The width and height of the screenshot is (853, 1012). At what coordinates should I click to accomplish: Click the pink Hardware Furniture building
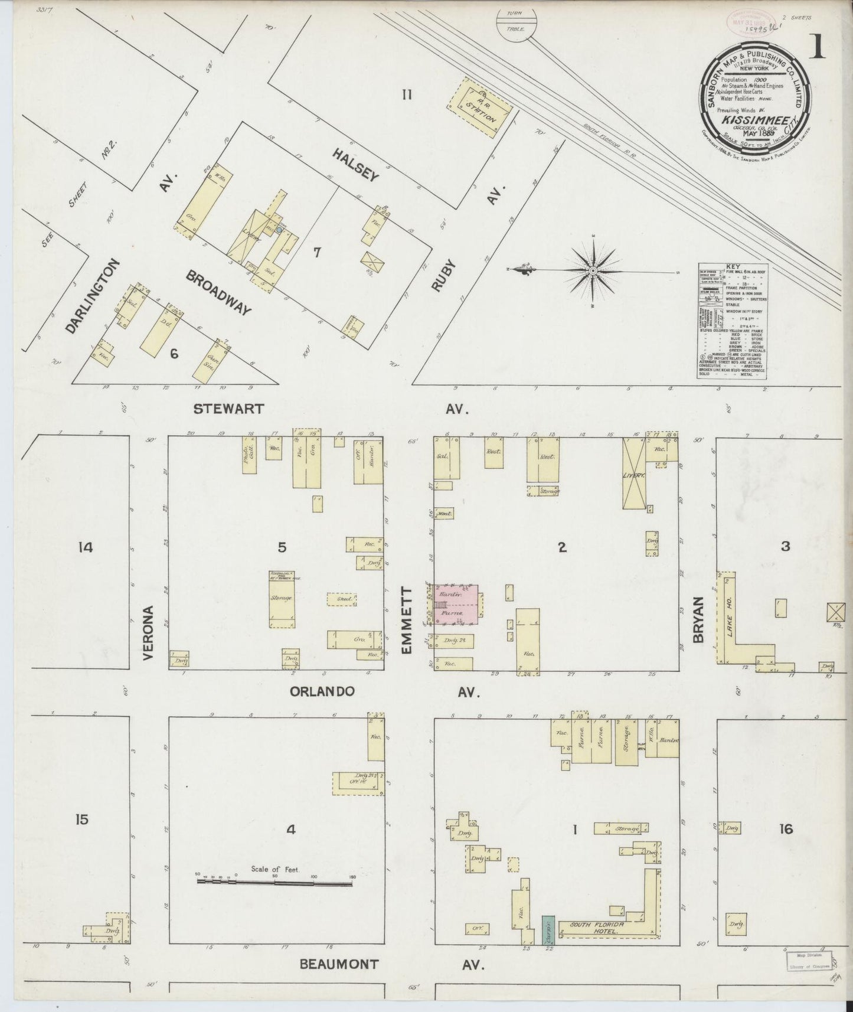point(456,603)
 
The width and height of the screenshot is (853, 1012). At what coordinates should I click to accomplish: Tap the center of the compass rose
point(592,270)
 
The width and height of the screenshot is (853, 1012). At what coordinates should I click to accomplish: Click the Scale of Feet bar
point(275,883)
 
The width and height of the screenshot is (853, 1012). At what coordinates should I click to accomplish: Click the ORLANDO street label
point(322,691)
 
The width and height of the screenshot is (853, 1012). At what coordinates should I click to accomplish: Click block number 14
point(85,547)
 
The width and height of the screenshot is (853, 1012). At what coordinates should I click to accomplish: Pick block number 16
point(786,830)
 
